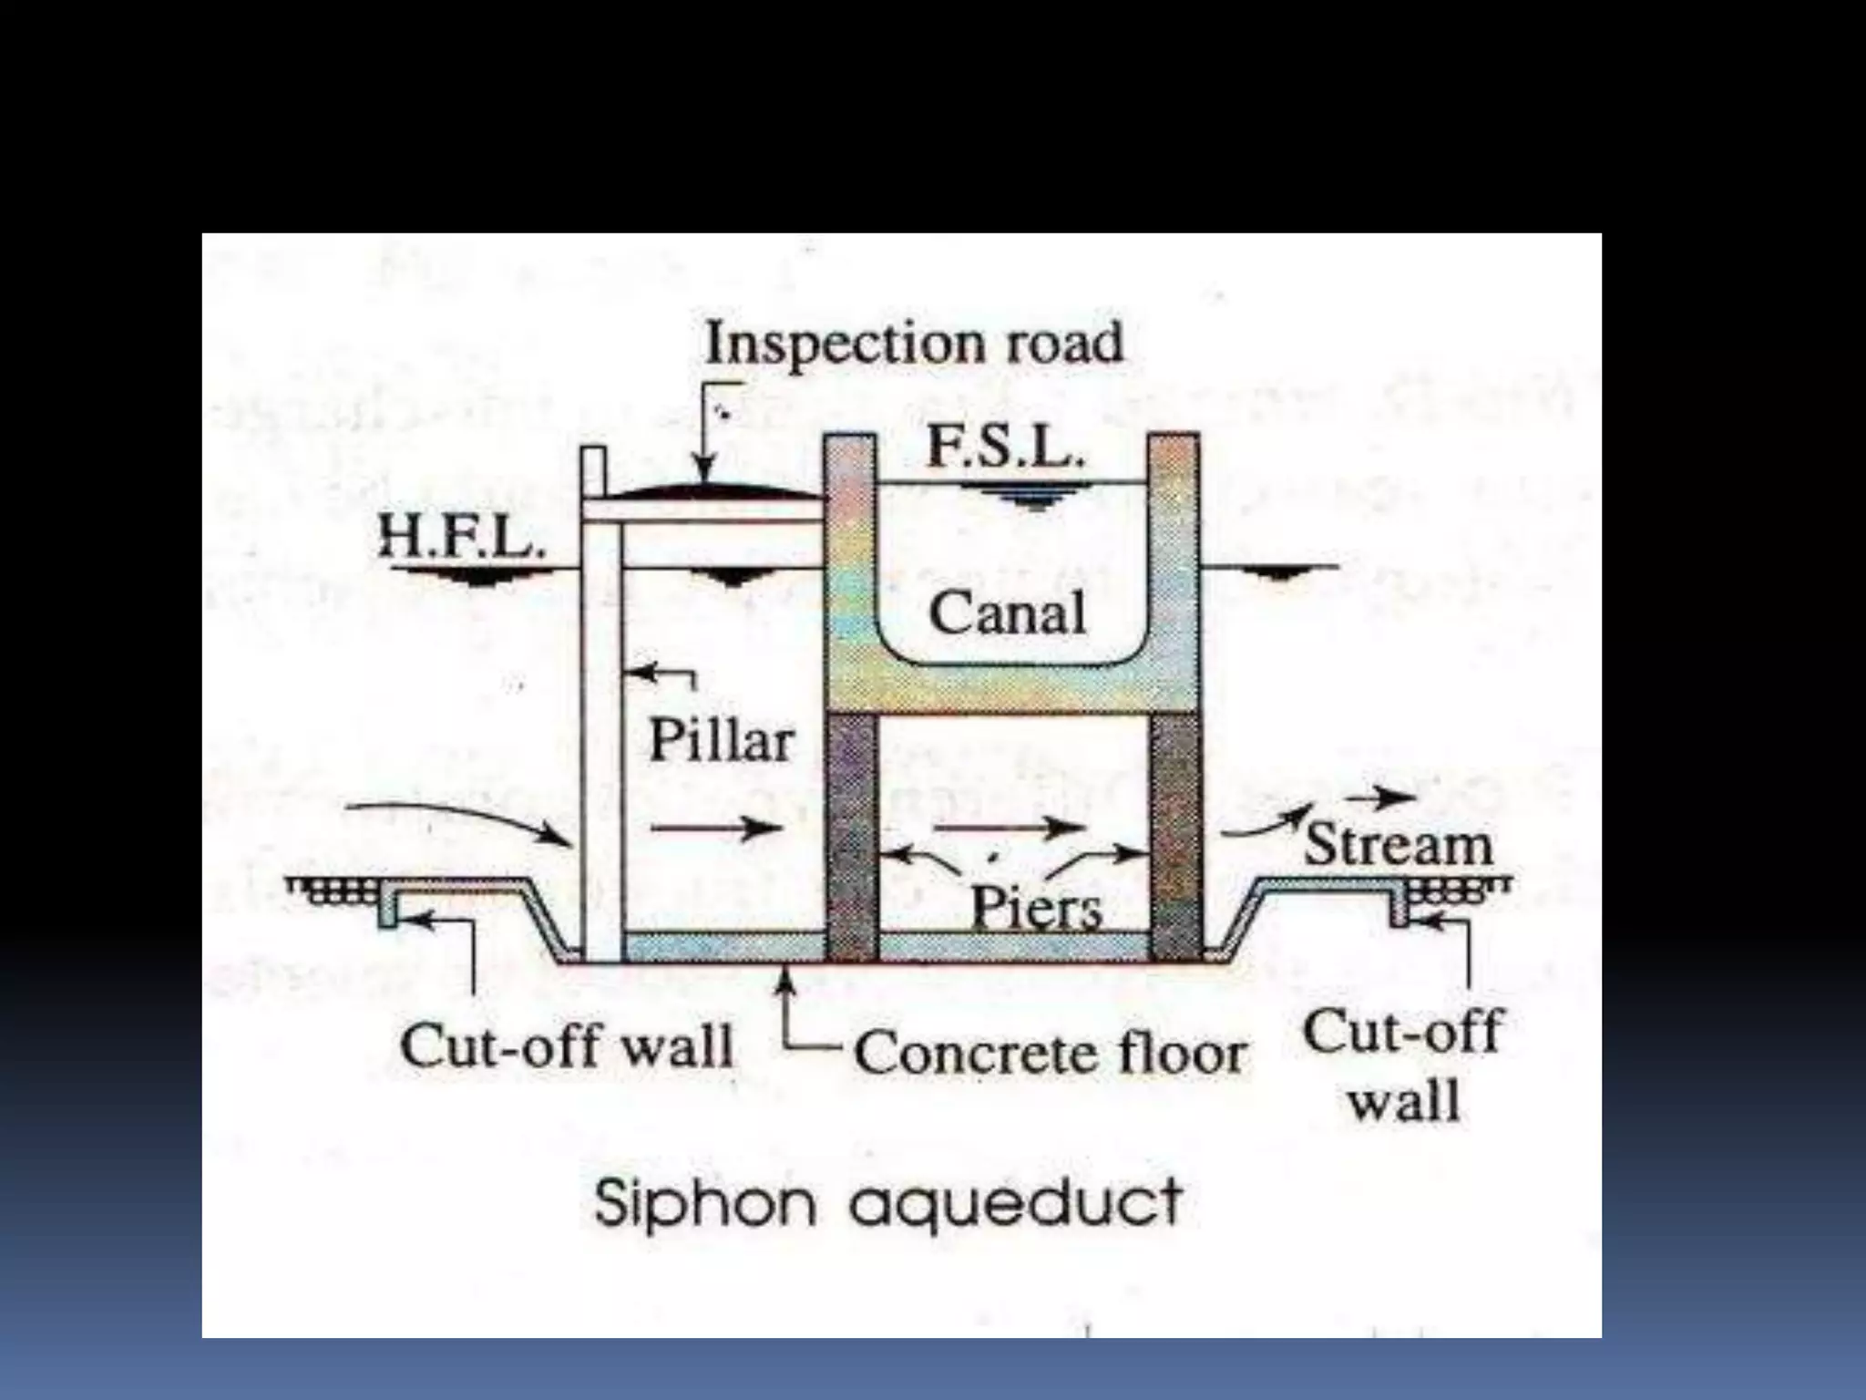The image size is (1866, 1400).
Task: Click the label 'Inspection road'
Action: (x=914, y=344)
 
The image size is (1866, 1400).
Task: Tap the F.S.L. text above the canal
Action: (x=1005, y=448)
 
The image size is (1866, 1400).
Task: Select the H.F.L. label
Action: (x=462, y=535)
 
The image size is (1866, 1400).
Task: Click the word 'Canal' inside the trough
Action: (x=1007, y=612)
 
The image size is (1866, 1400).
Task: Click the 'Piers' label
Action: (x=1036, y=907)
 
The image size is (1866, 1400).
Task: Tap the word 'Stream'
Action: (x=1399, y=845)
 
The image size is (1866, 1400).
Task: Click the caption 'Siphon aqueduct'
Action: (x=888, y=1202)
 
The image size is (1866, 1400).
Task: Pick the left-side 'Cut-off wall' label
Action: (x=567, y=1045)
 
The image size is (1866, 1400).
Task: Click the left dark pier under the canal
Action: (x=852, y=834)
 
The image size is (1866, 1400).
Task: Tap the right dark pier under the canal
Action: (x=1175, y=834)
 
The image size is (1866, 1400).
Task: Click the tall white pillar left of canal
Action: (x=601, y=729)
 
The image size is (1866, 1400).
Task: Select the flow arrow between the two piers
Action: (x=1010, y=828)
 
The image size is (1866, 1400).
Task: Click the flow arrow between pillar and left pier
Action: (x=716, y=828)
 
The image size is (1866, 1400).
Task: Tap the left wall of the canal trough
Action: (x=849, y=565)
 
